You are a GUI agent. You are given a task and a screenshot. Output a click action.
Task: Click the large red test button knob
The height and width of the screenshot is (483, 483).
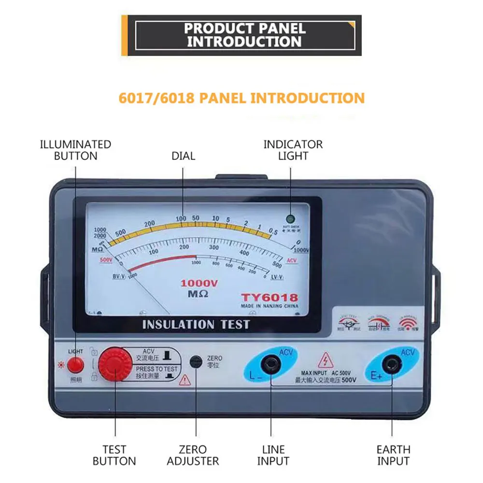[115, 365]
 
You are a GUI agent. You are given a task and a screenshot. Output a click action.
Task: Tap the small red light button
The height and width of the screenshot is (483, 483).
[75, 365]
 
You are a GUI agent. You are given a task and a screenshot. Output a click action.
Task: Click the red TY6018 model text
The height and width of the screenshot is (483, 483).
[270, 298]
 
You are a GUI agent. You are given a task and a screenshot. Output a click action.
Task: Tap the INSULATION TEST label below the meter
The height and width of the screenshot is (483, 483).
[196, 324]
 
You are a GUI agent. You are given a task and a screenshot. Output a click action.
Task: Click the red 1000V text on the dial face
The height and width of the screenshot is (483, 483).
[199, 284]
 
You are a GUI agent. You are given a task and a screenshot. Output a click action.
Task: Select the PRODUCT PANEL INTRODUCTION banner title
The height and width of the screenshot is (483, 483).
[245, 35]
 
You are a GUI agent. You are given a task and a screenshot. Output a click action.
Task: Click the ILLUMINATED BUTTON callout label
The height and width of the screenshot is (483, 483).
[75, 150]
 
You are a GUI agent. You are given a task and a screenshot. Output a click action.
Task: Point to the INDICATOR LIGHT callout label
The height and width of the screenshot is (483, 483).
[293, 150]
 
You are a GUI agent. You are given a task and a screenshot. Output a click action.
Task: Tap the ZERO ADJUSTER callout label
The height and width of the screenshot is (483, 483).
[193, 455]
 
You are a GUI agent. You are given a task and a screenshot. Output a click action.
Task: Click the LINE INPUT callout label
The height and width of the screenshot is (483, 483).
[273, 455]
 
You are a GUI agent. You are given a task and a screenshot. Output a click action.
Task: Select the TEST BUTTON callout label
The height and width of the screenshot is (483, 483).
[114, 455]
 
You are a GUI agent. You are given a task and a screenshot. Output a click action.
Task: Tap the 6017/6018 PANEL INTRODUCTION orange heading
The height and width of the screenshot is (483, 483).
[241, 98]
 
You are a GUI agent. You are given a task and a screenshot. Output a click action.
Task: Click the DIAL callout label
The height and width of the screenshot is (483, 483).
[183, 156]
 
